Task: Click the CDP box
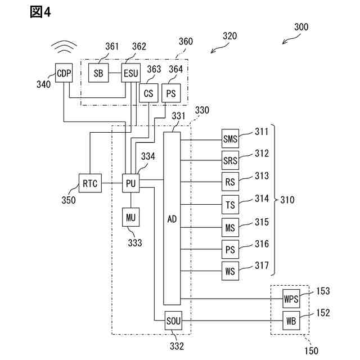64,73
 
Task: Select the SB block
98,73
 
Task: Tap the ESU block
132,73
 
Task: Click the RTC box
89,183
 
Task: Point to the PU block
130,183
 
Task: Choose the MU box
130,217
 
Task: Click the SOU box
172,321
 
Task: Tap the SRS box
230,161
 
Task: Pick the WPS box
291,299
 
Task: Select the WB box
291,321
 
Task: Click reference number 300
301,26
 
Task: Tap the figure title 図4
40,12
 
